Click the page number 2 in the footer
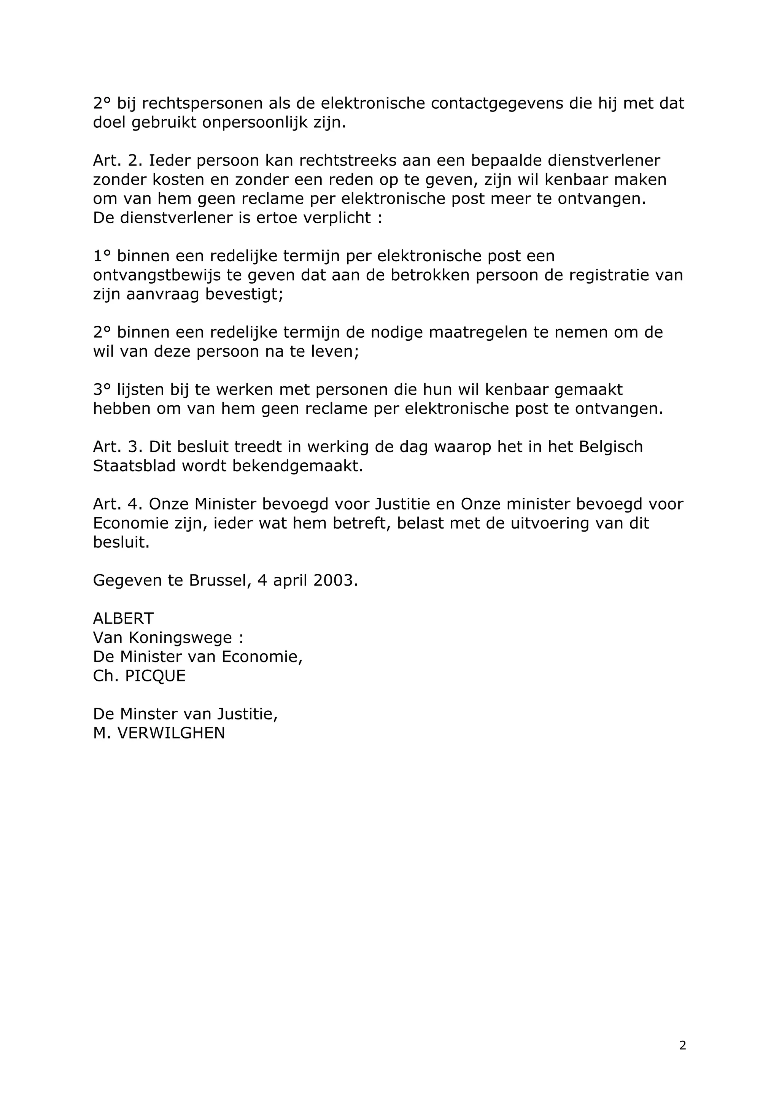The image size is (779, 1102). tap(682, 1045)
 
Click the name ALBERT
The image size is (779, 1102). tap(123, 619)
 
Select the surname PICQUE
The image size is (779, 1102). tap(155, 676)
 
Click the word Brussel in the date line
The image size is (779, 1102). tap(218, 580)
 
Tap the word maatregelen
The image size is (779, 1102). tap(479, 333)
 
